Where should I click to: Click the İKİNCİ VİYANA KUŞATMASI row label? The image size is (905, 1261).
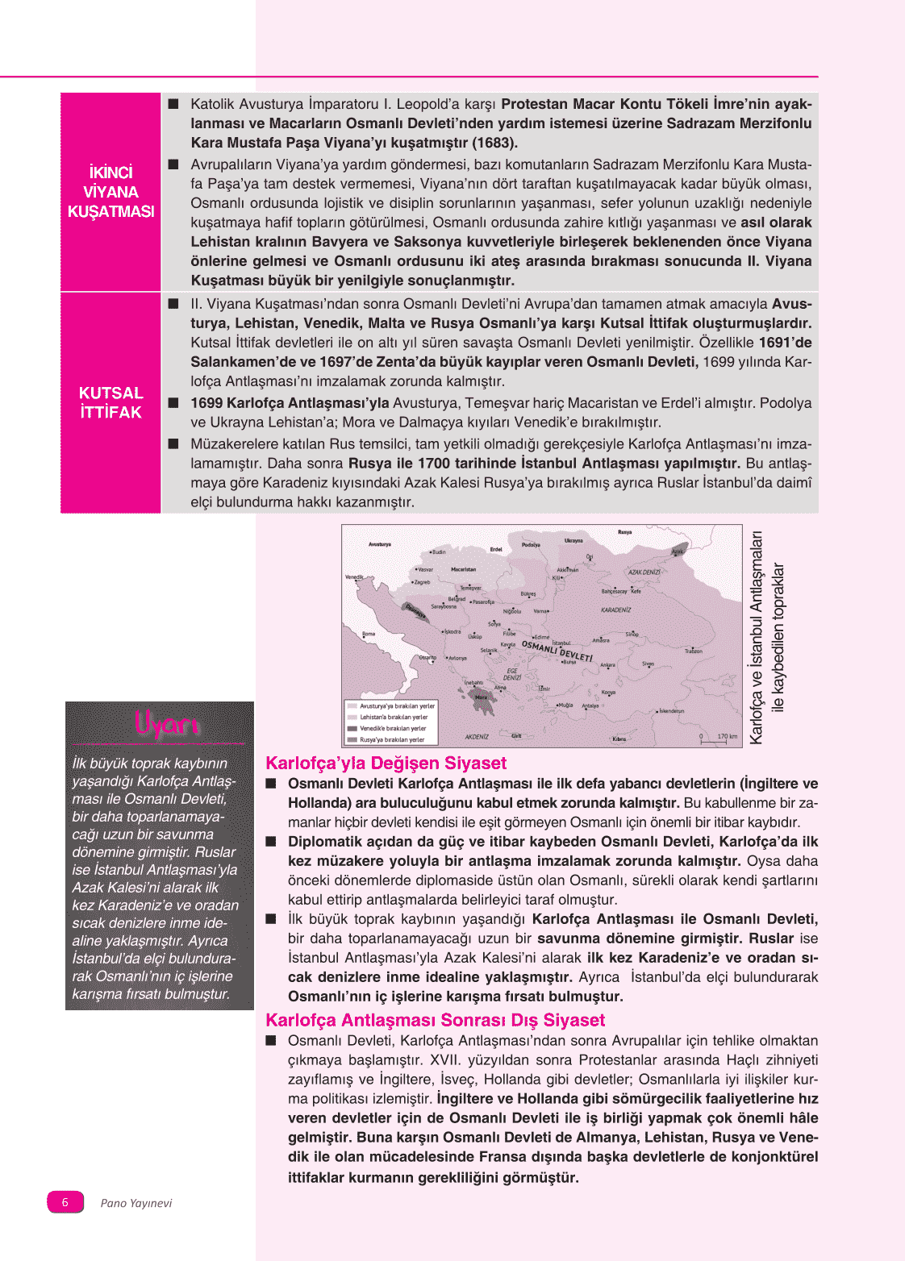[x=111, y=192]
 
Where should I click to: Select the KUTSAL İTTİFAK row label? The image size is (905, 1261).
[x=111, y=402]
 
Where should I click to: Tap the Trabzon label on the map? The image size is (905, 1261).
[x=693, y=651]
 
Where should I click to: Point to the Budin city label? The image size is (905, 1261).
[x=438, y=552]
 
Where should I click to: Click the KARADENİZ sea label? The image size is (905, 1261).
[x=615, y=610]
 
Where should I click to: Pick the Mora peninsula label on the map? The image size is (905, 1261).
[x=482, y=697]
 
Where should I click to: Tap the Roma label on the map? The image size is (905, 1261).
[x=369, y=634]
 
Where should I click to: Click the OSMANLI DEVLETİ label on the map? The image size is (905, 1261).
[x=557, y=650]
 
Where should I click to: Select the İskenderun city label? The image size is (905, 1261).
[x=671, y=711]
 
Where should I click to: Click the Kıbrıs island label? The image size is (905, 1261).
[x=619, y=739]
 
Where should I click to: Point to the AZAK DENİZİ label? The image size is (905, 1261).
[x=644, y=572]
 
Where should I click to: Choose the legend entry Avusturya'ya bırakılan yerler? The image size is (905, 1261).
[x=396, y=706]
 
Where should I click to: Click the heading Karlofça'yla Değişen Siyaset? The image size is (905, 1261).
[x=386, y=763]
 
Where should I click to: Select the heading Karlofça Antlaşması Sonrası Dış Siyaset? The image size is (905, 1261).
[x=435, y=1020]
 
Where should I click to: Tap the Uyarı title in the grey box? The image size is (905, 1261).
[x=166, y=724]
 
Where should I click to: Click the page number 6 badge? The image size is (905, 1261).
[x=65, y=1202]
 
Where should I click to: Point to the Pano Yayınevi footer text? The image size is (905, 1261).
[x=136, y=1203]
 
